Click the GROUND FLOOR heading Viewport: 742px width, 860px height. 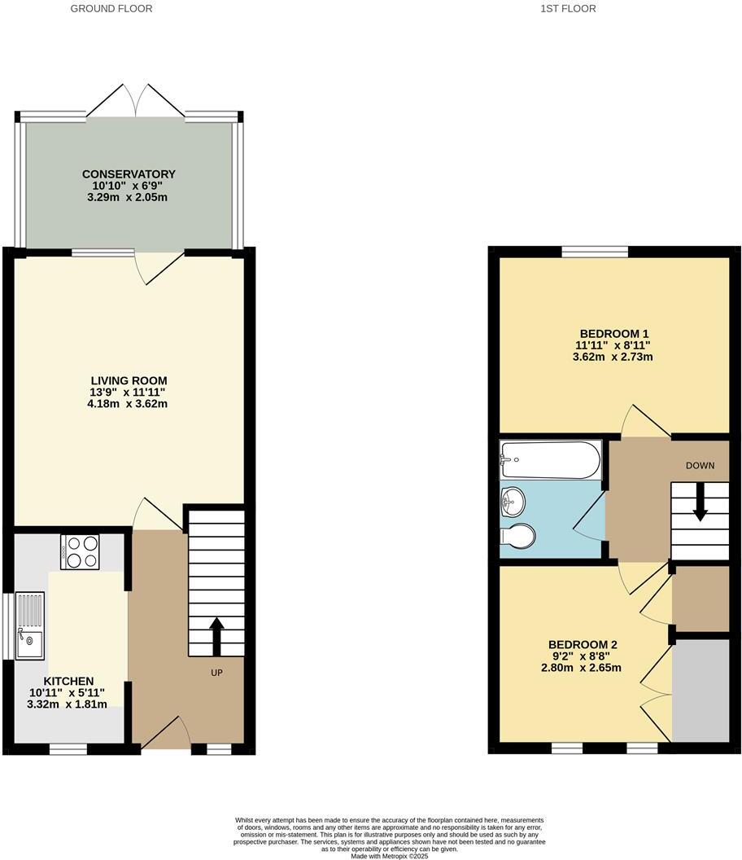pyautogui.click(x=111, y=9)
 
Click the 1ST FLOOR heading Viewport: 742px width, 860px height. pyautogui.click(x=567, y=9)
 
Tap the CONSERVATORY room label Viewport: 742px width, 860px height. pyautogui.click(x=129, y=174)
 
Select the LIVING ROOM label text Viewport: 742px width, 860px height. pyautogui.click(x=129, y=380)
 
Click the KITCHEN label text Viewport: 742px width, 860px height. pyautogui.click(x=68, y=681)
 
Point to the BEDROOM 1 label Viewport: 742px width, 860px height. pyautogui.click(x=613, y=334)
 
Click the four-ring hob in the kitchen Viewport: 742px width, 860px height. pyautogui.click(x=80, y=551)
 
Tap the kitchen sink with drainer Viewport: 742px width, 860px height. pyautogui.click(x=29, y=625)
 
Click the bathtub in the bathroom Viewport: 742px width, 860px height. pyautogui.click(x=550, y=460)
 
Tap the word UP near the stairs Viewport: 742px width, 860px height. pyautogui.click(x=216, y=673)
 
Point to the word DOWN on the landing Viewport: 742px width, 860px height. pyautogui.click(x=700, y=466)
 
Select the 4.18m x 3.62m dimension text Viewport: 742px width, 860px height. pyautogui.click(x=129, y=403)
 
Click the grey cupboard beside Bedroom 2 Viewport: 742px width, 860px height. pyautogui.click(x=701, y=691)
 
